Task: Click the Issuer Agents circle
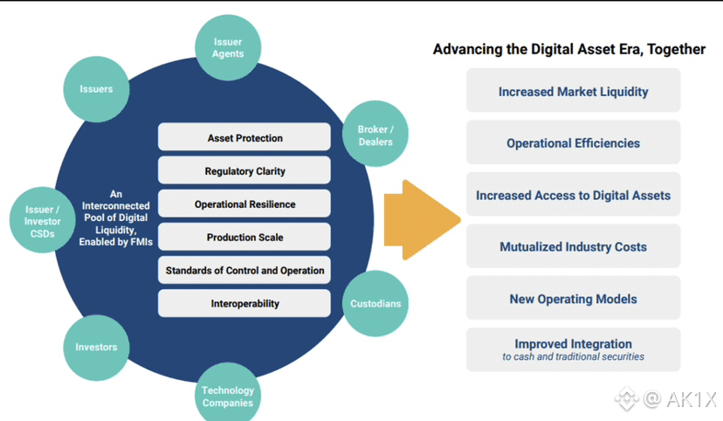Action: [228, 47]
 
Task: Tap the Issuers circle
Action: [96, 89]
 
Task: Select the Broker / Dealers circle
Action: [375, 135]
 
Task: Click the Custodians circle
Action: [375, 304]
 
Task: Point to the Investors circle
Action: [96, 347]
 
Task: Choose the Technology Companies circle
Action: [228, 397]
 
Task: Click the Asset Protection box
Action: [244, 138]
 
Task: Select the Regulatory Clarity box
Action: [244, 171]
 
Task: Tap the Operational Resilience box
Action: [244, 204]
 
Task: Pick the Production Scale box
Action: [244, 238]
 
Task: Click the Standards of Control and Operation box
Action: [244, 271]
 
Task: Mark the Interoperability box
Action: [244, 304]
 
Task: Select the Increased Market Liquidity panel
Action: [573, 91]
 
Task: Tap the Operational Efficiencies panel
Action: [573, 142]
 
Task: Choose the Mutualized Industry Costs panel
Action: [573, 246]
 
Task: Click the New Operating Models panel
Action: [573, 299]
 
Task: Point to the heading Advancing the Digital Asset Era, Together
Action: [568, 50]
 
